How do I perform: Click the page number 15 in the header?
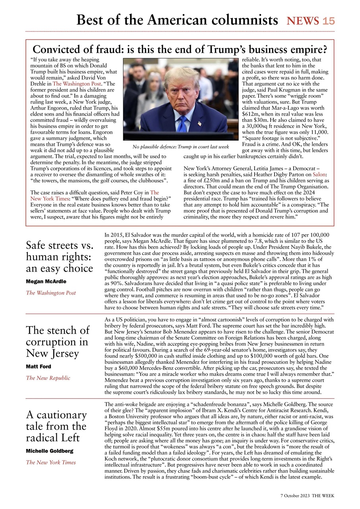329,21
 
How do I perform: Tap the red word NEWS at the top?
303,21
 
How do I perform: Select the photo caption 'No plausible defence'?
181,147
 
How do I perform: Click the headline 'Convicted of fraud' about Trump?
180,50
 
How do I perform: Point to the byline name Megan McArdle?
46,282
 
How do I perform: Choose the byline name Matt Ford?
39,367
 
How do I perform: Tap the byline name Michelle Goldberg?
49,451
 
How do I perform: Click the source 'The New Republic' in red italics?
48,378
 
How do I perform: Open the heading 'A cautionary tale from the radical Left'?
56,426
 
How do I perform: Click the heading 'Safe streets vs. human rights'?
59,256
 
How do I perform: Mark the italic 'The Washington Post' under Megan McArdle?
50,293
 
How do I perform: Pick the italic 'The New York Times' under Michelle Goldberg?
50,462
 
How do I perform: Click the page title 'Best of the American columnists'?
177,20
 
